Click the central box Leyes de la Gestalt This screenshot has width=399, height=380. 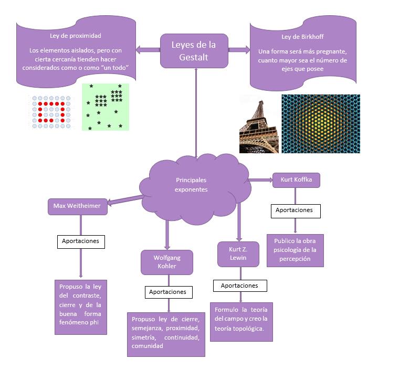tap(193, 50)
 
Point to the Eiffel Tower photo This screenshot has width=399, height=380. tap(259, 124)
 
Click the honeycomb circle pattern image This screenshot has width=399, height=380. tap(321, 124)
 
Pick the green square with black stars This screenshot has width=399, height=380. tap(105, 107)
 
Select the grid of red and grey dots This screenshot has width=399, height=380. tap(50, 111)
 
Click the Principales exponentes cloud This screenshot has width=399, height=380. tap(191, 184)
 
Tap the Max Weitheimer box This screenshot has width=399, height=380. tap(77, 206)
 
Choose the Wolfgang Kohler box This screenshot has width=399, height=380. tap(167, 262)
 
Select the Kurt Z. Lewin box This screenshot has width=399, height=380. tap(239, 254)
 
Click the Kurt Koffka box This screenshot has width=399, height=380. tap(296, 180)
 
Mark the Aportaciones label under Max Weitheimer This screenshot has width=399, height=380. tap(81, 241)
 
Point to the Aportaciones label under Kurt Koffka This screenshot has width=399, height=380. tap(294, 210)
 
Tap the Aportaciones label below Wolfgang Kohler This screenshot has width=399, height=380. tap(167, 292)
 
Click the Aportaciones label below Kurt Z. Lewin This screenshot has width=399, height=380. tap(239, 286)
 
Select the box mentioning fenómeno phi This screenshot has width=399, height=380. tap(81, 307)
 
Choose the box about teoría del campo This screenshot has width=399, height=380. tap(241, 322)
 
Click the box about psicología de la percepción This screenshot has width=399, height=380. tap(295, 250)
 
